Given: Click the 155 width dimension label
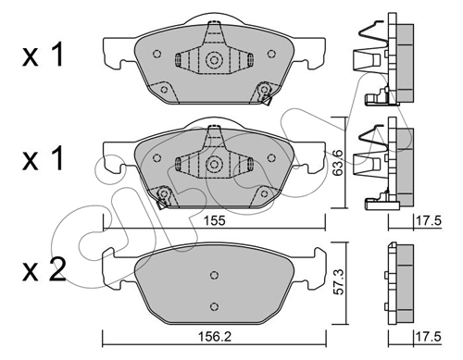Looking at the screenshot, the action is (215, 221).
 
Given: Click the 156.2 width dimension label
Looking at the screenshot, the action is (215, 337).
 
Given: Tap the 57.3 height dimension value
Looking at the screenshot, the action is (338, 281).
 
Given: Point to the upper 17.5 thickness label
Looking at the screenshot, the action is (429, 221).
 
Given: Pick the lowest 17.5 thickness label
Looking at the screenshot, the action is (429, 337).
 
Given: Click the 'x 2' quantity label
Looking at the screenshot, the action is (44, 270).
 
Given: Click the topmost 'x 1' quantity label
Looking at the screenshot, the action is (43, 55).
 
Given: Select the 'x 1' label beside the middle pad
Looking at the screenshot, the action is (43, 158).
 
